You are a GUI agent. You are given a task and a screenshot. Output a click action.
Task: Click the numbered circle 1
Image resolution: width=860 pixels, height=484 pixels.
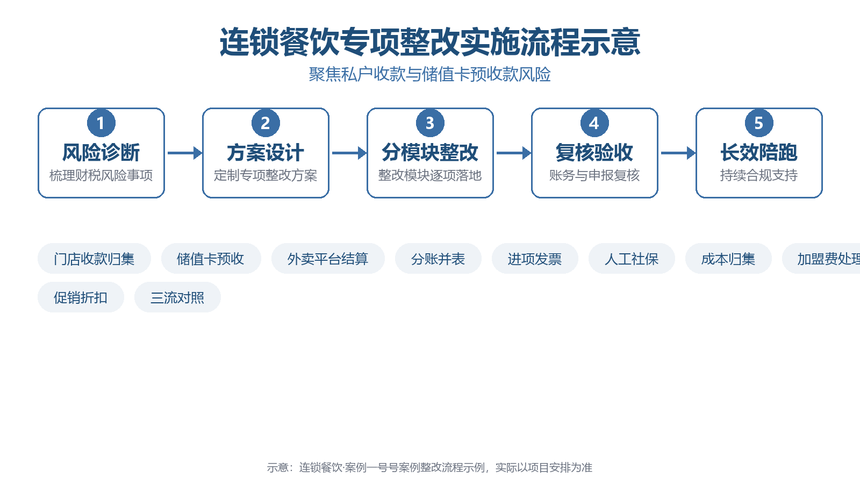pyautogui.click(x=101, y=123)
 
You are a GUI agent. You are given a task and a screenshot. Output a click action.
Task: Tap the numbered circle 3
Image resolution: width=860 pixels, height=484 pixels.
pyautogui.click(x=430, y=123)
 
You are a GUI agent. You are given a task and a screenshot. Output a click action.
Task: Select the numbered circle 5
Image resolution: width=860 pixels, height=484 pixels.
pyautogui.click(x=759, y=123)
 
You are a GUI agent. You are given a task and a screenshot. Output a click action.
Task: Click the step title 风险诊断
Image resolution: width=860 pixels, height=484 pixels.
pyautogui.click(x=101, y=153)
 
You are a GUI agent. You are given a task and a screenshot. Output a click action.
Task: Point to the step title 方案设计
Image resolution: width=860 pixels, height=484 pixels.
pyautogui.click(x=266, y=153)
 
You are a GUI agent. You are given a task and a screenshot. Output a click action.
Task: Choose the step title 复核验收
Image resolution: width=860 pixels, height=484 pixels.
pyautogui.click(x=594, y=153)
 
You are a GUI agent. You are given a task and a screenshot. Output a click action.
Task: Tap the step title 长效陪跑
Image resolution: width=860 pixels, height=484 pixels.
pyautogui.click(x=759, y=153)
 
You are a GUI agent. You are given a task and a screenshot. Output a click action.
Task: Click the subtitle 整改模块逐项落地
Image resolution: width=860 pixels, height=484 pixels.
pyautogui.click(x=430, y=175)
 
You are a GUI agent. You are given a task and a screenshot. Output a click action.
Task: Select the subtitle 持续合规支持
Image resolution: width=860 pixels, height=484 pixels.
pyautogui.click(x=759, y=175)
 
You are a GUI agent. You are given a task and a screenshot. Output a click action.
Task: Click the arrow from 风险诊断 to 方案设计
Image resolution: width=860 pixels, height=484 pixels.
pyautogui.click(x=185, y=153)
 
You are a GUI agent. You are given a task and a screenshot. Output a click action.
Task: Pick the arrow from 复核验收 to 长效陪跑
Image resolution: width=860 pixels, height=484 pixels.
pyautogui.click(x=678, y=153)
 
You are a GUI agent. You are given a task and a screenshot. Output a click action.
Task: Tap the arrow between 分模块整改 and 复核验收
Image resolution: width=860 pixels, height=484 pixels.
pyautogui.click(x=514, y=153)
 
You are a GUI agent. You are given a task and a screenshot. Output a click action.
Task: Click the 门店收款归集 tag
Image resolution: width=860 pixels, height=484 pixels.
pyautogui.click(x=94, y=259)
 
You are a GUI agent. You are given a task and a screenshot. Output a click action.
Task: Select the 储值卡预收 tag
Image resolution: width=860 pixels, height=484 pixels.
pyautogui.click(x=211, y=259)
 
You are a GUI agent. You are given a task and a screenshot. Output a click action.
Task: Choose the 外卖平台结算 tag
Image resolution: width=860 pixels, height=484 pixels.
pyautogui.click(x=328, y=259)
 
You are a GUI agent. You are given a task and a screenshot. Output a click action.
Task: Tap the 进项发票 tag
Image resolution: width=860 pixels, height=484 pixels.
pyautogui.click(x=535, y=259)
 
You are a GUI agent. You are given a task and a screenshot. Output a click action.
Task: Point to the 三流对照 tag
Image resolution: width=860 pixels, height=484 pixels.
pyautogui.click(x=177, y=297)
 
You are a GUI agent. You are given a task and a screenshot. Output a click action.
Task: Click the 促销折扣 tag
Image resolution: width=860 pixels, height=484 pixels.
pyautogui.click(x=81, y=297)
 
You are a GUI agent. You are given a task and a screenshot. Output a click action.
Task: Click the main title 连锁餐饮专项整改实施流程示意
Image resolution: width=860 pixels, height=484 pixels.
pyautogui.click(x=430, y=42)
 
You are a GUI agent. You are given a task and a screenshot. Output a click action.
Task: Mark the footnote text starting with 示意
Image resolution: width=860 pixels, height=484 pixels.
pyautogui.click(x=429, y=467)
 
